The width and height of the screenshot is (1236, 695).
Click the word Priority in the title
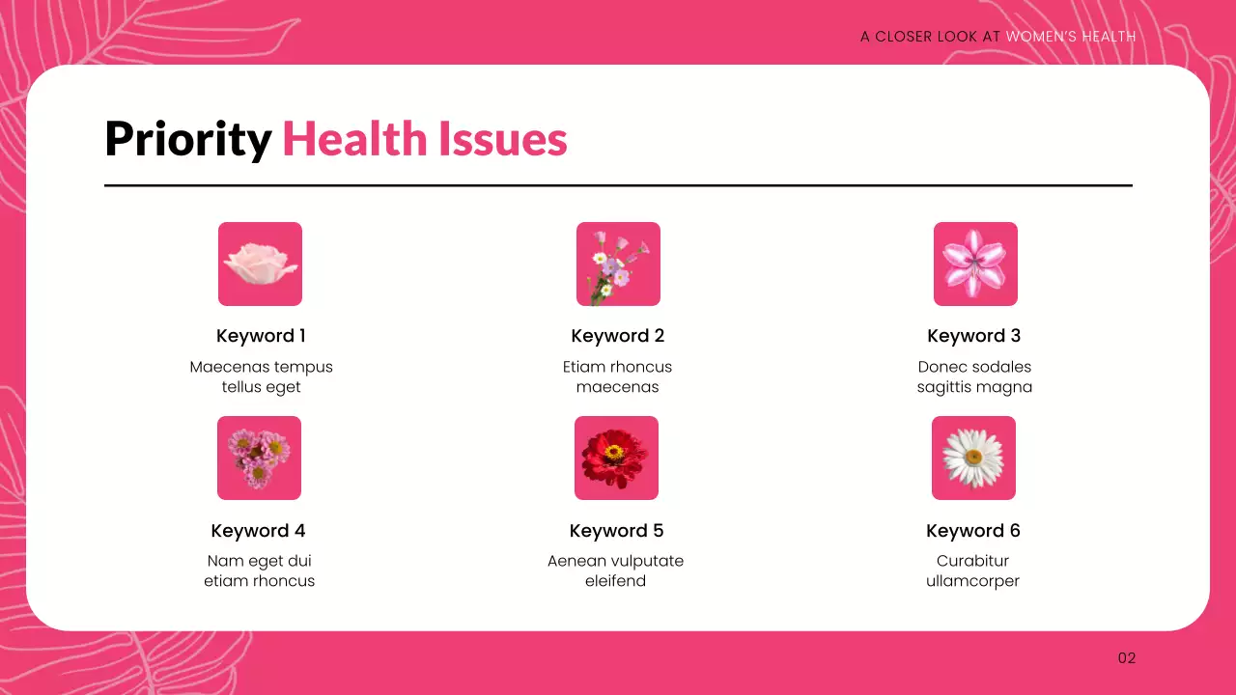[x=188, y=140]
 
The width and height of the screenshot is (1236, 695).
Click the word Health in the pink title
[x=354, y=140]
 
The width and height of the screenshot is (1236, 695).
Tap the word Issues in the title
[x=502, y=140]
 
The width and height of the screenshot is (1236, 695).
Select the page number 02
[x=1127, y=658]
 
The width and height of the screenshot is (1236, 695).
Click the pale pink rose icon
[x=260, y=264]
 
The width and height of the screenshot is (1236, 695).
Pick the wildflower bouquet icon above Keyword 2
[x=618, y=264]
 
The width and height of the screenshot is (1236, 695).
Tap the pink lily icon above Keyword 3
[x=975, y=264]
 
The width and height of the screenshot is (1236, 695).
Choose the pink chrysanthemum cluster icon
[x=259, y=458]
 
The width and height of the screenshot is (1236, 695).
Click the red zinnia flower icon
[x=616, y=458]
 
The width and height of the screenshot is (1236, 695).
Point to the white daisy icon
[x=973, y=458]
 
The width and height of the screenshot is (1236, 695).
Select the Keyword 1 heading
[x=261, y=336]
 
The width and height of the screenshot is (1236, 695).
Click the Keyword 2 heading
[x=618, y=336]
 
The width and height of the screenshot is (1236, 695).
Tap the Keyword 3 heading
[x=974, y=336]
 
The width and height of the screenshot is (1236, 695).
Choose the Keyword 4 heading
[x=259, y=531]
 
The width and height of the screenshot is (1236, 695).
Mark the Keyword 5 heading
[x=617, y=531]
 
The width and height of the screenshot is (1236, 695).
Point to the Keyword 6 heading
[x=973, y=531]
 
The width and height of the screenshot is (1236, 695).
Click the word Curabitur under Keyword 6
[x=972, y=561]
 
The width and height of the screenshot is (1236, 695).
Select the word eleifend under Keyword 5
[x=615, y=581]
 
